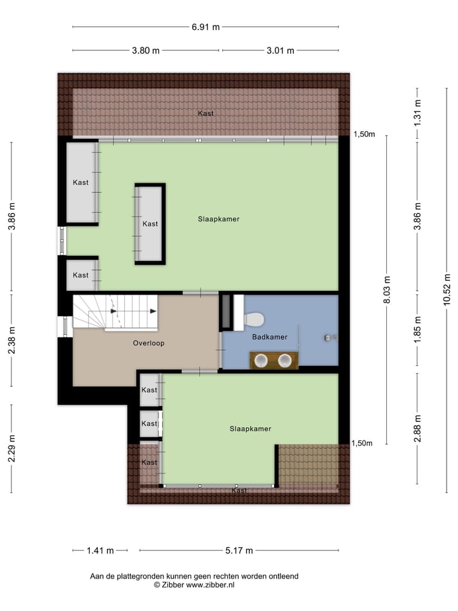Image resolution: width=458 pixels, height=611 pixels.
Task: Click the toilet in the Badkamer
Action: pos(253,320)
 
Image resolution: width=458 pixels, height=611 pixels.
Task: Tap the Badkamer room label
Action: pos(269,337)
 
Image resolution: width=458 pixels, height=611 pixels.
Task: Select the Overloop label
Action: pos(149,343)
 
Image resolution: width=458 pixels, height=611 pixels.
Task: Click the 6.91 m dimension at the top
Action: pos(206,27)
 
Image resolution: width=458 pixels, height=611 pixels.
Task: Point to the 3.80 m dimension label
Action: pos(146,50)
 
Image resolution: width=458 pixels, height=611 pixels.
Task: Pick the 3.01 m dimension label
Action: pos(280,50)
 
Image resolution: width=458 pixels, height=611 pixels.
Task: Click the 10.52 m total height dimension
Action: pos(447,290)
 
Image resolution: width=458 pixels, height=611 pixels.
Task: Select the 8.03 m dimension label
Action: pos(387,290)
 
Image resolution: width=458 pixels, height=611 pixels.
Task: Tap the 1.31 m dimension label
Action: pos(417,113)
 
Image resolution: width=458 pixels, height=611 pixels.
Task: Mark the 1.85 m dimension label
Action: pos(417,330)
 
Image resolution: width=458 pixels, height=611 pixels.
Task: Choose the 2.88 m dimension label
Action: pos(417,428)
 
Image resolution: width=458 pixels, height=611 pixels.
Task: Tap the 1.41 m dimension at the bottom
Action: pos(101,551)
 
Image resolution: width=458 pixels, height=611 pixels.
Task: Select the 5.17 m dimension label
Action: pos(239,551)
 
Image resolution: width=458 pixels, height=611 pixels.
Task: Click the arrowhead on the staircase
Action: pos(153,311)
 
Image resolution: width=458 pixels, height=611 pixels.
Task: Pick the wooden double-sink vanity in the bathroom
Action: pos(274,360)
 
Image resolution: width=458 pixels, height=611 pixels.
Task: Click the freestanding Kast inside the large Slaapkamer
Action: pos(150,224)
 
